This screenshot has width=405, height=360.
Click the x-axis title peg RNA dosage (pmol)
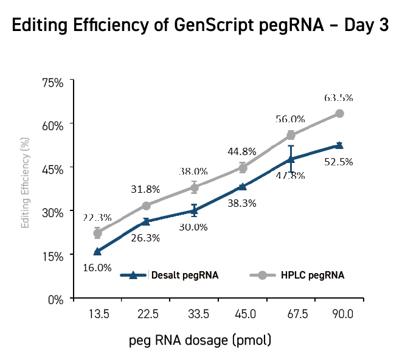200,339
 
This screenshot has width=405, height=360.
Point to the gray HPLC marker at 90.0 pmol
340,114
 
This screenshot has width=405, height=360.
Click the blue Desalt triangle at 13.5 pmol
97,251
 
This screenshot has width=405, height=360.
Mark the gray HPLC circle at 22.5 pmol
146,206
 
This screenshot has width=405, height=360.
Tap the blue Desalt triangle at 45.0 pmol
243,187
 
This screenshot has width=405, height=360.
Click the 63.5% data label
339,97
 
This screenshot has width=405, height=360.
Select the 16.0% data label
97,268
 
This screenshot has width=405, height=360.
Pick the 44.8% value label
242,151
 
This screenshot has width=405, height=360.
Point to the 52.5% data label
339,162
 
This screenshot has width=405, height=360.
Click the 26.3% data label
146,238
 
